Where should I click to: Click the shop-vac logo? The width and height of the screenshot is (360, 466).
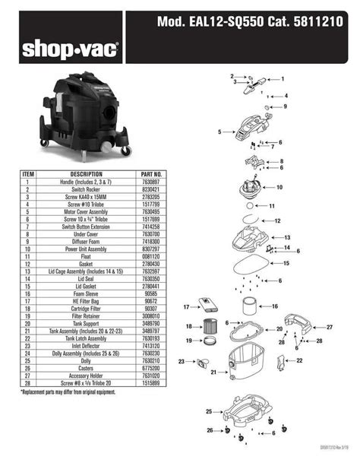click(69, 50)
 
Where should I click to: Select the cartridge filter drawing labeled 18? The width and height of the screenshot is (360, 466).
click(216, 327)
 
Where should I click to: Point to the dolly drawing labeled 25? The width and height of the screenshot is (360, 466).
click(243, 413)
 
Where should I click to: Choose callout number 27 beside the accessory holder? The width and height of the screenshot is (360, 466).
click(330, 327)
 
